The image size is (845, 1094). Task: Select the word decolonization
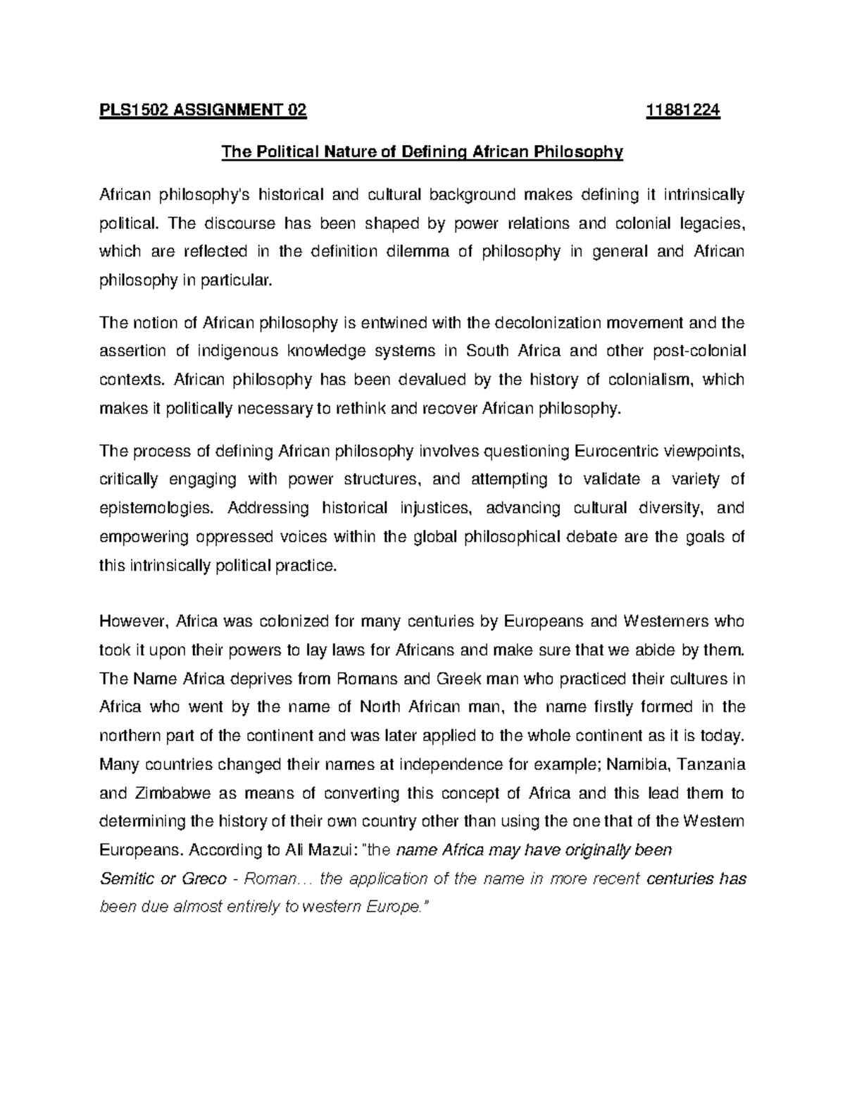[x=547, y=323]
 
